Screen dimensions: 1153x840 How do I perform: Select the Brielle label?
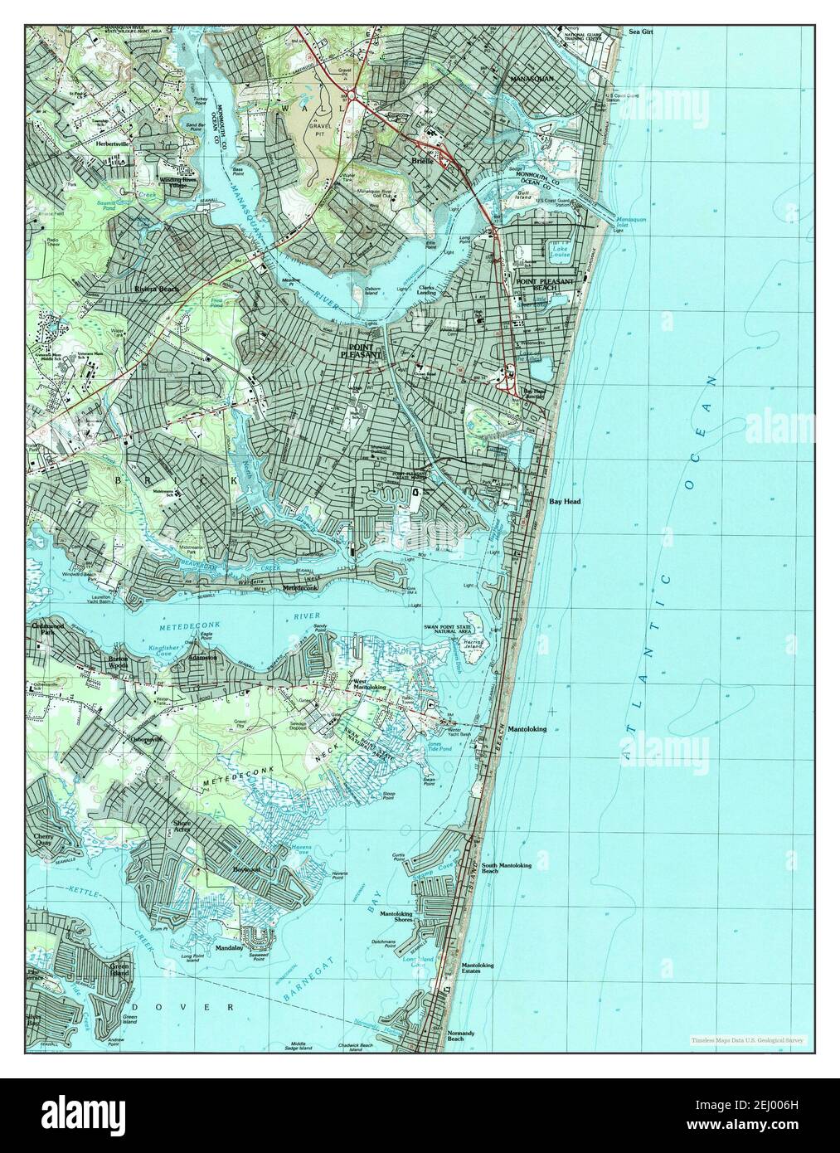point(418,162)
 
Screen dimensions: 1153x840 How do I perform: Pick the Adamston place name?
point(202,656)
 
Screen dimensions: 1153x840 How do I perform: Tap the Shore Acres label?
point(182,827)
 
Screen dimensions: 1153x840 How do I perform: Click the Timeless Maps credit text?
point(751,1039)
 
